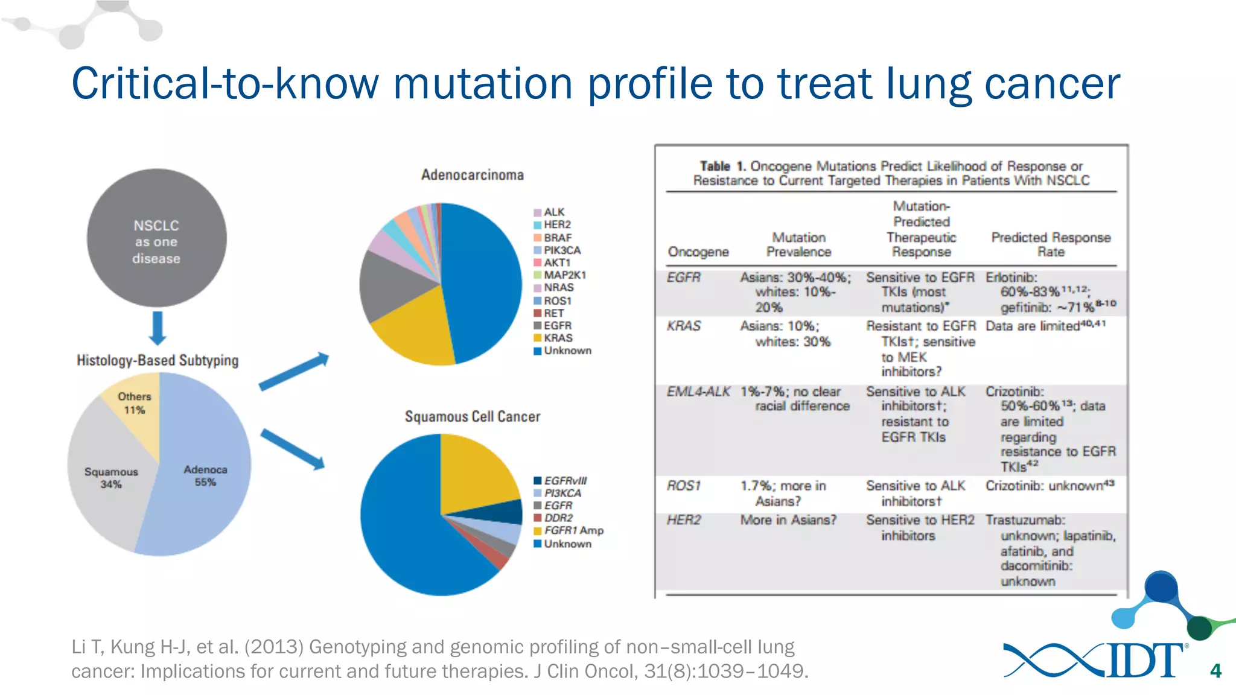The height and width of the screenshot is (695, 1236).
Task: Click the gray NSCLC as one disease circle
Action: tap(156, 238)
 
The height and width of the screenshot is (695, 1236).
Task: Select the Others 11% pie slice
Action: tap(135, 403)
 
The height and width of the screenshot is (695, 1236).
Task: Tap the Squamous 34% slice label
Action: tap(111, 478)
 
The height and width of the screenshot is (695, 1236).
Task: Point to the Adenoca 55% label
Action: tap(205, 475)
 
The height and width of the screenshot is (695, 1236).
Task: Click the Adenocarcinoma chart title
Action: tap(473, 175)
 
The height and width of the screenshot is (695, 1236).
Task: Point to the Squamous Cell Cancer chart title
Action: tap(473, 416)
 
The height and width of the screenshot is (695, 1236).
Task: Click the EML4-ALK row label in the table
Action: tap(698, 392)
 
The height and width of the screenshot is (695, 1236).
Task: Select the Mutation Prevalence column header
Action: tap(798, 244)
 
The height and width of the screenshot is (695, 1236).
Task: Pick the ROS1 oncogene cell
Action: tap(683, 486)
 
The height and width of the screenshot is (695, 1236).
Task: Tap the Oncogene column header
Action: tap(698, 252)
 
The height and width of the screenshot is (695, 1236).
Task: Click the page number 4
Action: tap(1215, 671)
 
